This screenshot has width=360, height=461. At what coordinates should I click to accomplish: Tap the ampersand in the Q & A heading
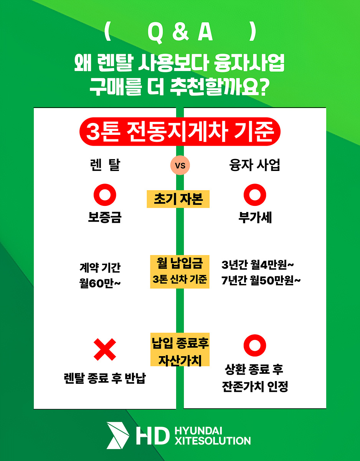pyautogui.click(x=180, y=32)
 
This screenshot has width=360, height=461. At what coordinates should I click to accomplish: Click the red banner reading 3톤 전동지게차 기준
pyautogui.click(x=180, y=131)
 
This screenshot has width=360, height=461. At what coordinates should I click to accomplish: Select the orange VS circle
pyautogui.click(x=180, y=165)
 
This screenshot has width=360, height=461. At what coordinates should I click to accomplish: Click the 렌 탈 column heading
pyautogui.click(x=105, y=165)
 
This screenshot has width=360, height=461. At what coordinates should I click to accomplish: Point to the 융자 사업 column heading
pyautogui.click(x=254, y=165)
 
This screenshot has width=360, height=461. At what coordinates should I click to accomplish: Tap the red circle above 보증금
pyautogui.click(x=105, y=195)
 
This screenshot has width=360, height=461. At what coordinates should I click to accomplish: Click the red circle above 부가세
pyautogui.click(x=255, y=195)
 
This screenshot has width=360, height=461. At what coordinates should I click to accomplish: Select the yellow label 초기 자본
pyautogui.click(x=178, y=199)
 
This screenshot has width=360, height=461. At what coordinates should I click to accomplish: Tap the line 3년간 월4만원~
pyautogui.click(x=258, y=265)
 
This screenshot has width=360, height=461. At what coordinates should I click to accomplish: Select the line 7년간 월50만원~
pyautogui.click(x=261, y=280)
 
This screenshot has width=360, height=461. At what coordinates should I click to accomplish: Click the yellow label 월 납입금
pyautogui.click(x=180, y=263)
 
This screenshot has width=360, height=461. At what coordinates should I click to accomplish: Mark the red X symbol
pyautogui.click(x=105, y=350)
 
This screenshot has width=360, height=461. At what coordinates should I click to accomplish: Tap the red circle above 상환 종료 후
pyautogui.click(x=255, y=345)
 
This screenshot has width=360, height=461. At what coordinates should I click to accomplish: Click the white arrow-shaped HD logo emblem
pyautogui.click(x=118, y=435)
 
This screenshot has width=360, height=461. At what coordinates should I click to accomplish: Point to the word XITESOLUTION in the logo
pyautogui.click(x=213, y=441)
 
